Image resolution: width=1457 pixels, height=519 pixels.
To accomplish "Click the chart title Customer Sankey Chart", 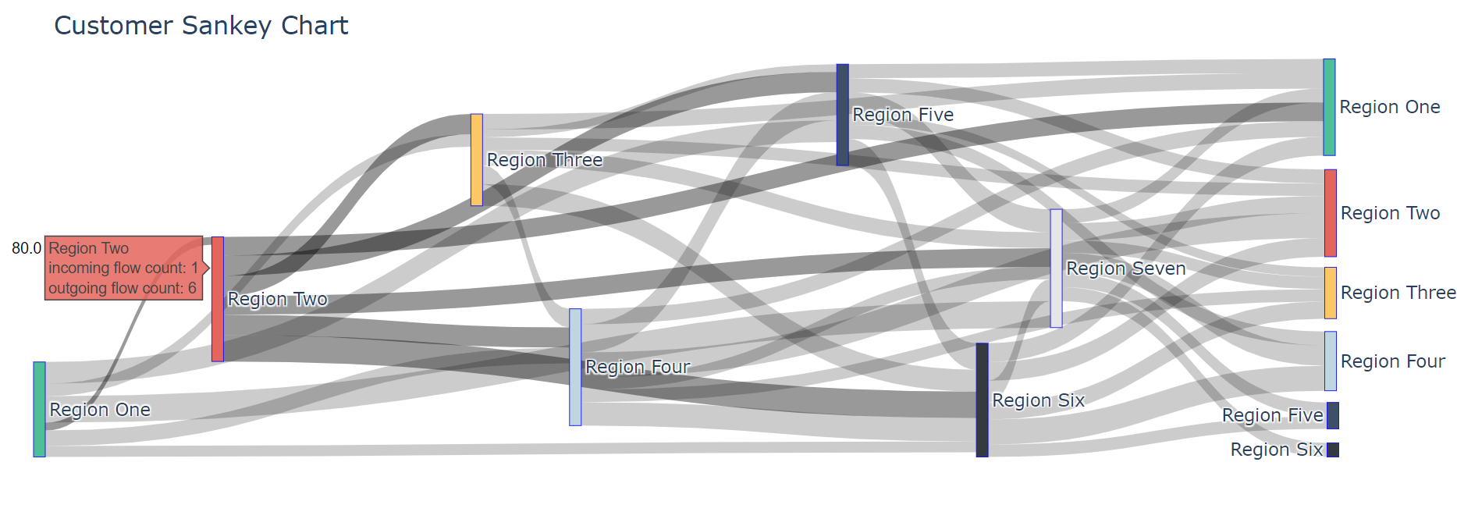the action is (201, 26).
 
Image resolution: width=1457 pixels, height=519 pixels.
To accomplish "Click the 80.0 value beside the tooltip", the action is (26, 248).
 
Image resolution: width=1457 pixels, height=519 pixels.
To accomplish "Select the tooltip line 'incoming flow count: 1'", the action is (123, 268).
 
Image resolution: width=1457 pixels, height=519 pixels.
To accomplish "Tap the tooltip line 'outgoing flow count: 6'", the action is (122, 288).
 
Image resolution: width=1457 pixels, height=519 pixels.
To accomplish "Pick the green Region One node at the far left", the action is (39, 409).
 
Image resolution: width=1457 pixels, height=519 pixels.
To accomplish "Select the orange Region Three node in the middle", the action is (476, 160).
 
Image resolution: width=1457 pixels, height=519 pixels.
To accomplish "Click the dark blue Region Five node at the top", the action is (842, 115).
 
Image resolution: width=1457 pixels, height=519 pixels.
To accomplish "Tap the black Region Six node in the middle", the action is (982, 400).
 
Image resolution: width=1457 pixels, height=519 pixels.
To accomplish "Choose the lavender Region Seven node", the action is (1056, 268).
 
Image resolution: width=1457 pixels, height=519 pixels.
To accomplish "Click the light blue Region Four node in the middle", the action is (575, 367).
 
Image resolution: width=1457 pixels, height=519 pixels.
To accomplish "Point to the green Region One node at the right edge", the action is (1329, 107).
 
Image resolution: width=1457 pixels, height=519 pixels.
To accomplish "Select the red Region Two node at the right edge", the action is (1330, 213).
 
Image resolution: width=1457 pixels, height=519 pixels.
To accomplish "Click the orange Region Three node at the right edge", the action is (1330, 293).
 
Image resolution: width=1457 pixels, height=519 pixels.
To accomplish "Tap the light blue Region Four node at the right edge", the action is (1330, 361).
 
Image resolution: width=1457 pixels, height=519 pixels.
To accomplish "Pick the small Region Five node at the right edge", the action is (1333, 415).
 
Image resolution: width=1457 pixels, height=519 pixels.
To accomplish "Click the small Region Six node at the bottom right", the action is (1333, 450).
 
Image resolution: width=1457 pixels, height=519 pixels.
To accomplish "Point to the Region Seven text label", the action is (1125, 268).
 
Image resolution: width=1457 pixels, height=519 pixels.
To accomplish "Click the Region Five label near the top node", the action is (903, 115).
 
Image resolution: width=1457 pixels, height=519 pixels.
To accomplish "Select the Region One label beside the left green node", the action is (100, 410).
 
